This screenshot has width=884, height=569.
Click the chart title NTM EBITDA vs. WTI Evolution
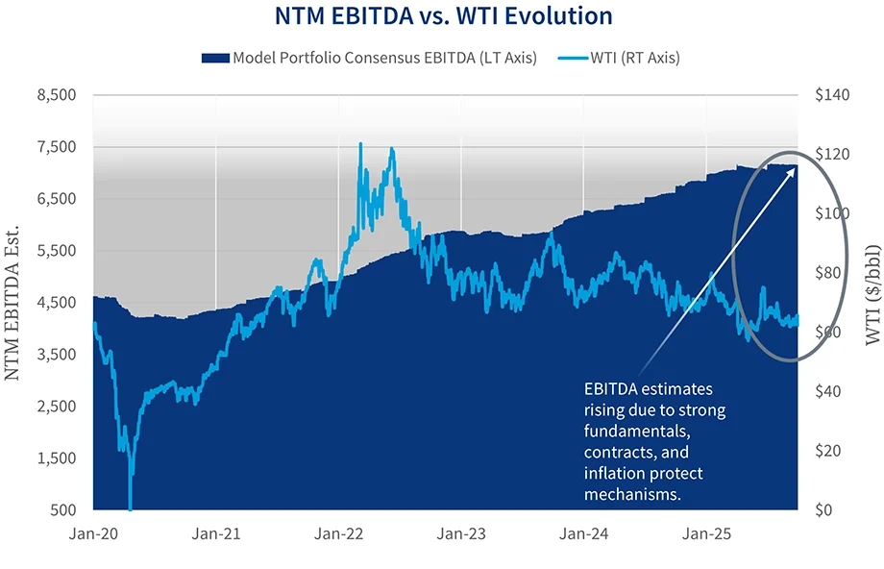[x=442, y=16]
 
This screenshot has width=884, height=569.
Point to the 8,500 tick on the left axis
[x=55, y=95]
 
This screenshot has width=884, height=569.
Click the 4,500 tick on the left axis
[x=55, y=303]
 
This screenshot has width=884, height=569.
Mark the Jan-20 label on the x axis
[x=93, y=533]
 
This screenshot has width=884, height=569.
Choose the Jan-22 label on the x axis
[x=338, y=533]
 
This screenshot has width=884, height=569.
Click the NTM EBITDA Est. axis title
[x=14, y=303]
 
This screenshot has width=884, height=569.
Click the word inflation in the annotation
[x=613, y=474]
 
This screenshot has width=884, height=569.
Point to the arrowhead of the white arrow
[x=795, y=166]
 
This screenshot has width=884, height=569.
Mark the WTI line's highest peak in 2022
[x=360, y=143]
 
